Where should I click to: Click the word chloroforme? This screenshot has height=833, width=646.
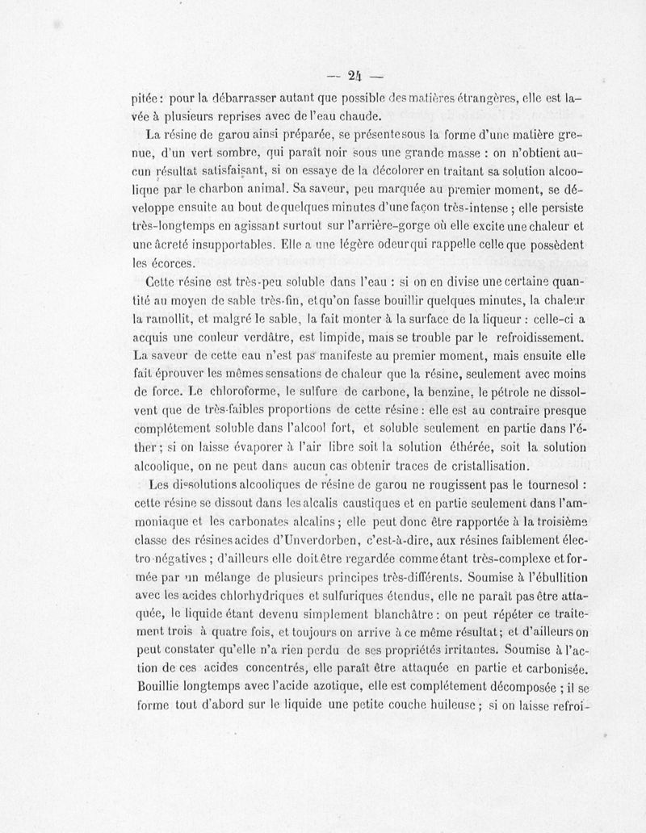[x=236, y=391]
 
